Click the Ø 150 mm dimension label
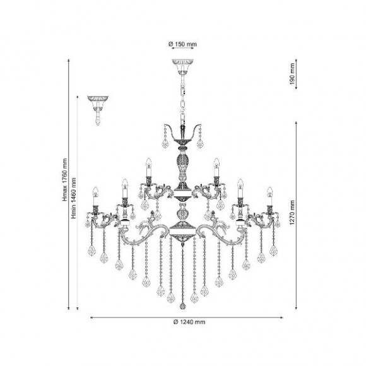point(182,44)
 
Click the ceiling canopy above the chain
point(182,64)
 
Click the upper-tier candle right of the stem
point(216,167)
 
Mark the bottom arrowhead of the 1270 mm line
point(299,309)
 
